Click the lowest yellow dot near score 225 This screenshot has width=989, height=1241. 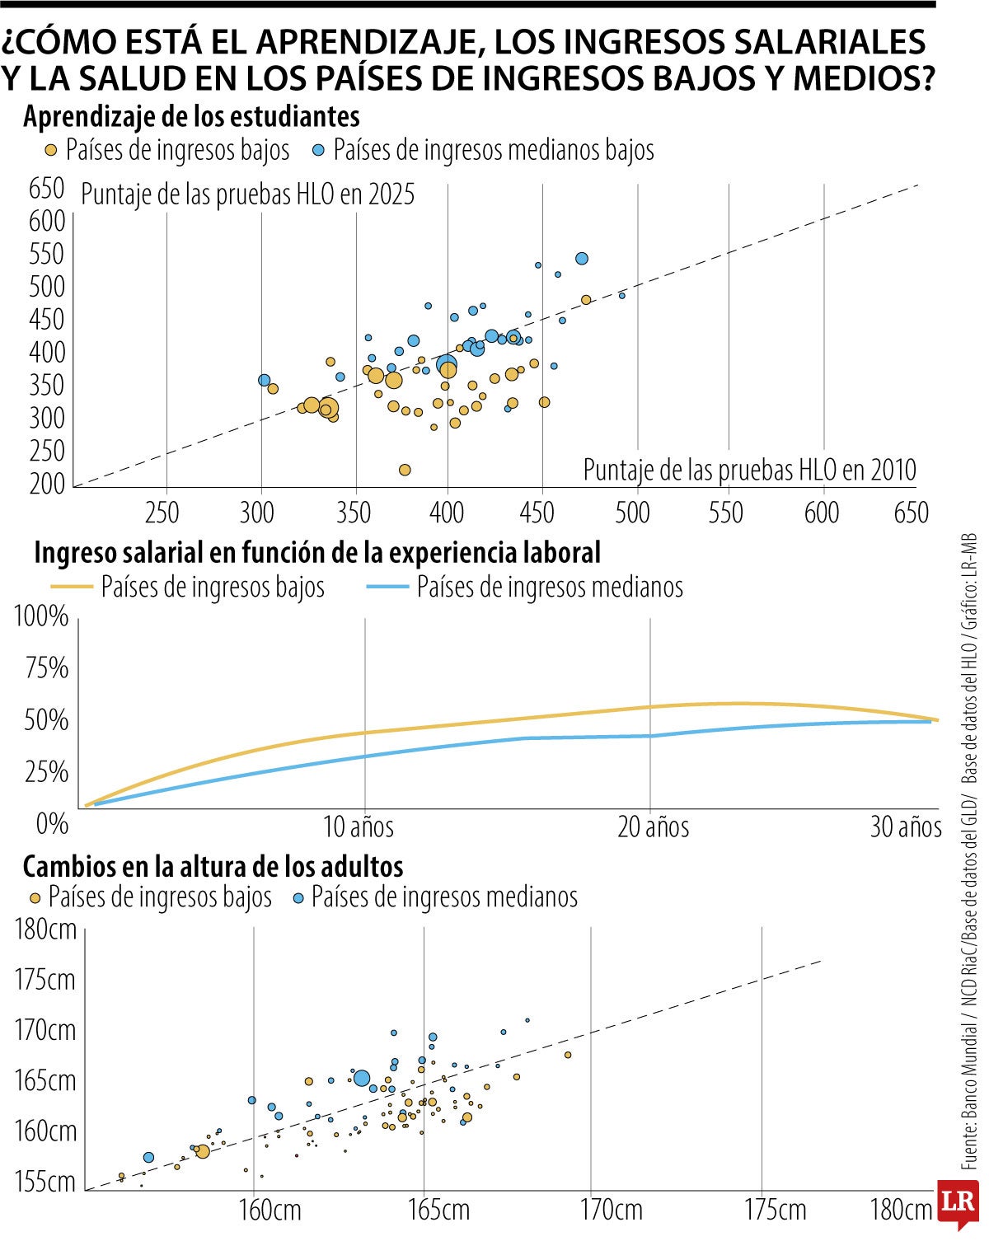pos(405,470)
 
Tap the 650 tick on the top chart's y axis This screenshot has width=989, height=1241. pos(46,189)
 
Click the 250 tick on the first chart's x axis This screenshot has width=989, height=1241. pos(162,513)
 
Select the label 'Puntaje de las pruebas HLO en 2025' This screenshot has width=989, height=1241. pos(247,195)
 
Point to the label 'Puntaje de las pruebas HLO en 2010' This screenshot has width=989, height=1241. pos(749,470)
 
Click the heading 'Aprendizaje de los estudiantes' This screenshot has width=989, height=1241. pos(191,117)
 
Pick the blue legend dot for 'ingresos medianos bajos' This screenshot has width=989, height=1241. pos(319,151)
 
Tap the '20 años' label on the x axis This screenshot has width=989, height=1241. pos(654,827)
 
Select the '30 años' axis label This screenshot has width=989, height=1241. pos(905,827)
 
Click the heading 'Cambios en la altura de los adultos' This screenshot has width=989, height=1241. pos(213,867)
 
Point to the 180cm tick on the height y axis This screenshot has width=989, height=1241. pos(45,930)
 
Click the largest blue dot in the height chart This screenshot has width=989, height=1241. pos(362,1078)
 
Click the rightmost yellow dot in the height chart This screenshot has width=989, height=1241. pos(568,1055)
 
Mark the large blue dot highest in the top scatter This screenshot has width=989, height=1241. pos(582,259)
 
